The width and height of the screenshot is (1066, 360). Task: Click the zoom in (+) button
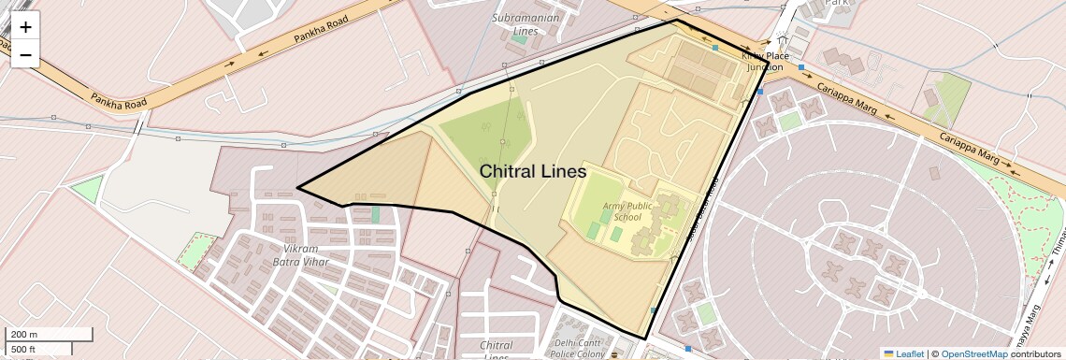coord(25,26)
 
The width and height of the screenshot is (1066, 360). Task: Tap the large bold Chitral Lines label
coord(532,172)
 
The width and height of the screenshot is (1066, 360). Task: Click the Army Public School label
coord(627,211)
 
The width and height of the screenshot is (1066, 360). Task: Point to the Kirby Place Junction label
coord(762,61)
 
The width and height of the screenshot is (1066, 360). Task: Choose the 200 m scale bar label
coord(25,334)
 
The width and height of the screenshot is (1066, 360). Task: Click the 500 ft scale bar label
coord(25,349)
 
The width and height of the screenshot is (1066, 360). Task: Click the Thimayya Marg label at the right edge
coord(1058,245)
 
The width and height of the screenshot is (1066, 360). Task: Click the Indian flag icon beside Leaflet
coord(887,353)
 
